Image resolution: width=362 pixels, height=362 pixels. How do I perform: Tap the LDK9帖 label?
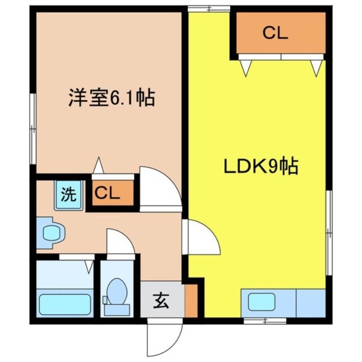pos(261,167)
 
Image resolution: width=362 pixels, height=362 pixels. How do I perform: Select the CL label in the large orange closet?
pos(275,33)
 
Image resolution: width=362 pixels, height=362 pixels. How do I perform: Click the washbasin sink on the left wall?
pos(50,233)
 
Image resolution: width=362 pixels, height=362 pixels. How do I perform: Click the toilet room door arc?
pos(119,243)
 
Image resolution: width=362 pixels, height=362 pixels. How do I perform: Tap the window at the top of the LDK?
pos(209,9)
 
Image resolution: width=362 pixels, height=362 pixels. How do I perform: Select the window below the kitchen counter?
pos(265,320)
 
